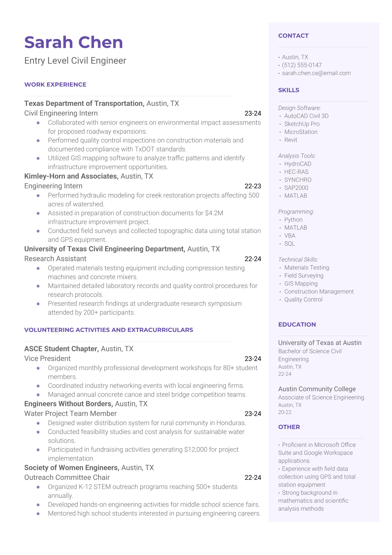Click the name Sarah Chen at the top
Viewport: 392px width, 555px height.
[x=73, y=43]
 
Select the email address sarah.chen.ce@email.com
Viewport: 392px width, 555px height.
[x=316, y=73]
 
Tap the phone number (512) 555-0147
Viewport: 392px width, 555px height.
[x=302, y=65]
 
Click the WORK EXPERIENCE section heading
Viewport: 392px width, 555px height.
[x=55, y=85]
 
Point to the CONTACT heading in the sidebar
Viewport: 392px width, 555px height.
[x=293, y=36]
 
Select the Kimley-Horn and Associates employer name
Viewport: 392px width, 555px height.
[x=71, y=176]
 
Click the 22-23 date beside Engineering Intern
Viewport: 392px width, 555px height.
[x=253, y=186]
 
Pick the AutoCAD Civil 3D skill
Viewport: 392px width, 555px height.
[x=306, y=116]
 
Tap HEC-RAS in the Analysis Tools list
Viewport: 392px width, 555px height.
[x=296, y=172]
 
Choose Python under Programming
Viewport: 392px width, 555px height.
[x=293, y=220]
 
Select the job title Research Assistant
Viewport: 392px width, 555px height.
[x=55, y=259]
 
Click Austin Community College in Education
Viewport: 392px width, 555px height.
[x=317, y=389]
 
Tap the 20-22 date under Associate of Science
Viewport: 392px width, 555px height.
[x=285, y=413]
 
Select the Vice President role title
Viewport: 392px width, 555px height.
[x=47, y=359]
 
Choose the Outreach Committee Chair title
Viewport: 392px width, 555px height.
[x=67, y=478]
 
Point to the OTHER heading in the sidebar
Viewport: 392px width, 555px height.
[x=289, y=427]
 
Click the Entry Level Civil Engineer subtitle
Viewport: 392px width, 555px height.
[x=75, y=61]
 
